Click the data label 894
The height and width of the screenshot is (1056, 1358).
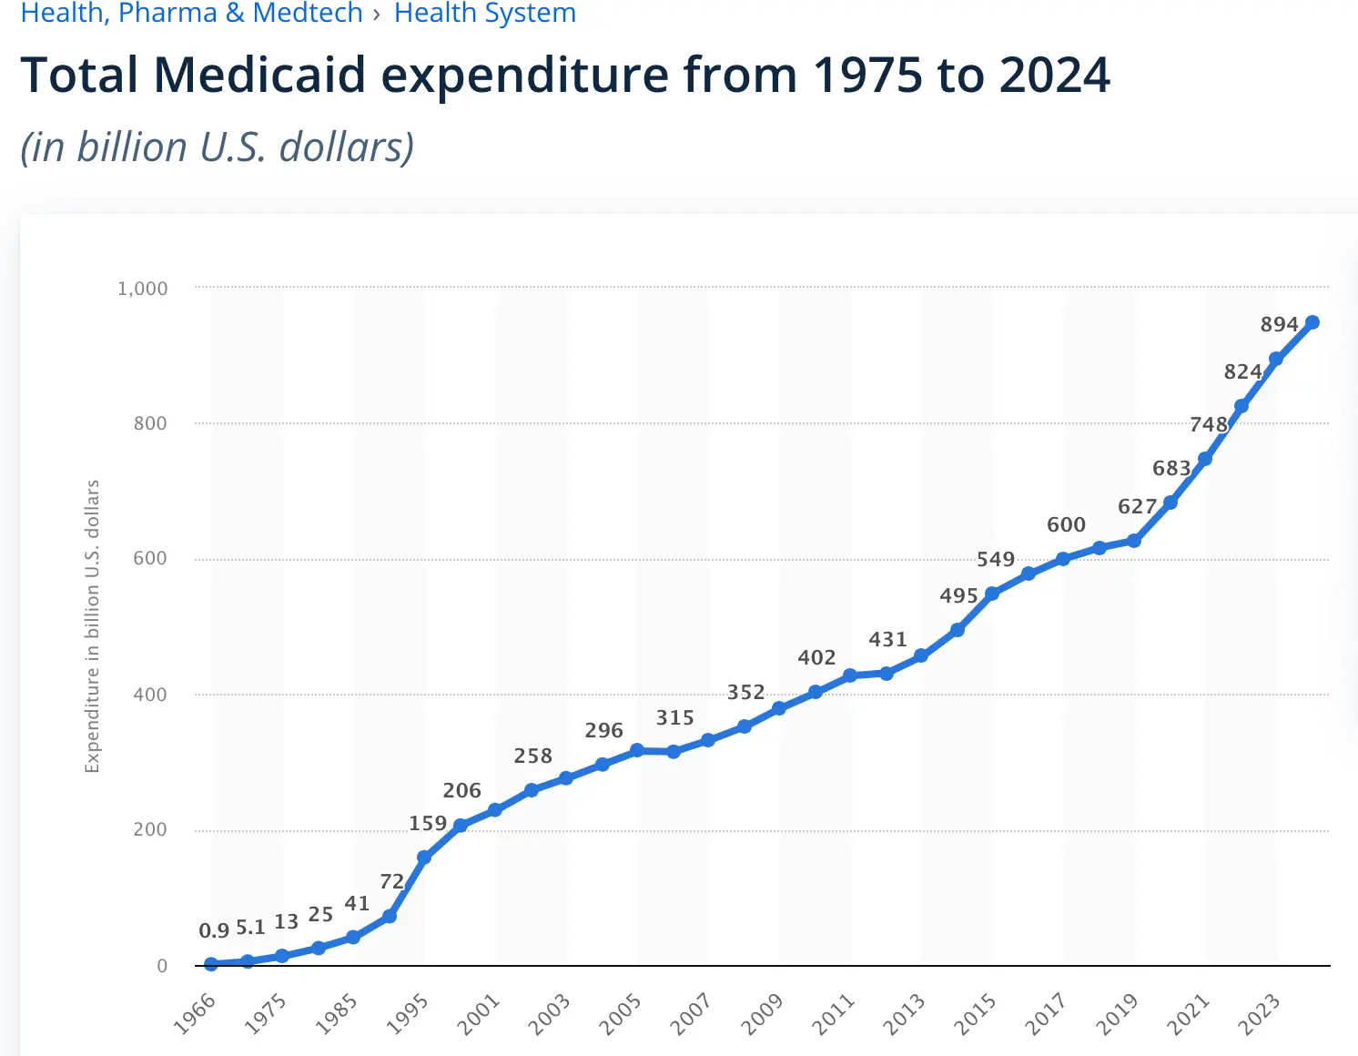(1279, 325)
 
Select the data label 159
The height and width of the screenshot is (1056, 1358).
(428, 824)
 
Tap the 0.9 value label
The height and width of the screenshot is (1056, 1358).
(214, 931)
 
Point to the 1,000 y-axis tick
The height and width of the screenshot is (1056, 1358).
(143, 289)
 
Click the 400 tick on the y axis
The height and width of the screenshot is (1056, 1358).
(150, 695)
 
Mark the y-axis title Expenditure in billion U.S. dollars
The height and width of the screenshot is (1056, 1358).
(92, 626)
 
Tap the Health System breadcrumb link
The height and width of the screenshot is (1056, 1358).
(484, 14)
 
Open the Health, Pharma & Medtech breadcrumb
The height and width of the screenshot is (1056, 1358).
(191, 14)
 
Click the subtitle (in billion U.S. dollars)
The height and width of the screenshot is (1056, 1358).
(217, 147)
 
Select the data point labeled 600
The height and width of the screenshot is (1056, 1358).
(1063, 559)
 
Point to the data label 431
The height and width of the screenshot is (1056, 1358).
(887, 640)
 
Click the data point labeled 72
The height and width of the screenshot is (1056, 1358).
(390, 916)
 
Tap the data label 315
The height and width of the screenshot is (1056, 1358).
(675, 718)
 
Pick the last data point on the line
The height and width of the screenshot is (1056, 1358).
(1312, 322)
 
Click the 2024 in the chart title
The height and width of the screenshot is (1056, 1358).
(1054, 75)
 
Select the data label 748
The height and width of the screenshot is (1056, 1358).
(1209, 425)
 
